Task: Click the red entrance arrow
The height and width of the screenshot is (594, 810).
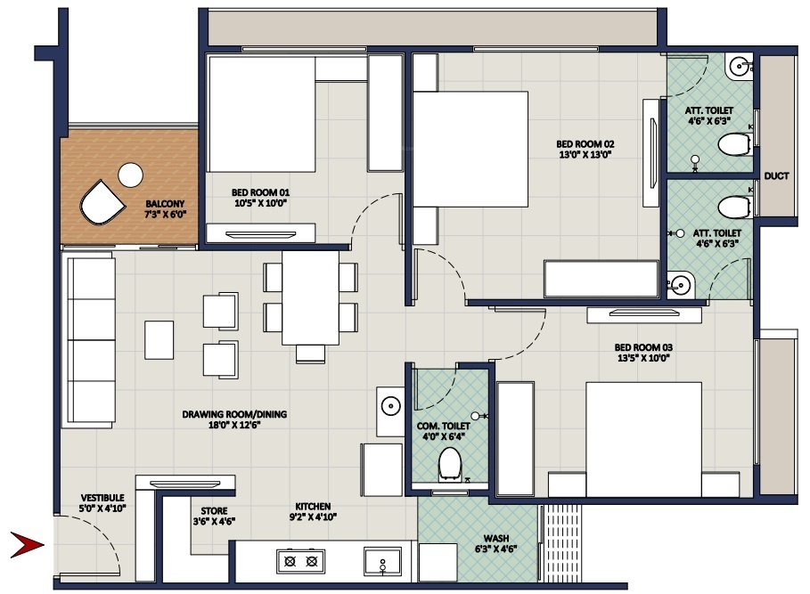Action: [27, 543]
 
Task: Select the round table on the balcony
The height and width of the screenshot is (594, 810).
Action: [131, 175]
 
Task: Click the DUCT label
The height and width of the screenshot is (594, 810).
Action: [776, 176]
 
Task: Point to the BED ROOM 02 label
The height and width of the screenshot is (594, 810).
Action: [585, 143]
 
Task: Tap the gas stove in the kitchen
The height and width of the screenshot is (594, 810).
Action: [300, 561]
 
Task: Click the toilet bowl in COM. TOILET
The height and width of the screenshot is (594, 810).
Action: [449, 461]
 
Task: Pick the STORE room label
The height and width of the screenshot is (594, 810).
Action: [213, 511]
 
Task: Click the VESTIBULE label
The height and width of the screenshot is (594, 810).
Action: [102, 497]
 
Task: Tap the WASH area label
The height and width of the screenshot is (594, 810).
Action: [496, 538]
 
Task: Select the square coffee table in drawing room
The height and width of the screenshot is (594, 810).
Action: [160, 340]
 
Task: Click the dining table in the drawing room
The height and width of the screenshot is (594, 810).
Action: [310, 297]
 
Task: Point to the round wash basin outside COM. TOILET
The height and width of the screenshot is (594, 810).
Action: [390, 407]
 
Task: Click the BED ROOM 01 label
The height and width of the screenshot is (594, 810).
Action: [260, 191]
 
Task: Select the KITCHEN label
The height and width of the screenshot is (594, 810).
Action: [314, 505]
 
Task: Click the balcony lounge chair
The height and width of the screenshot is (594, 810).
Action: [101, 204]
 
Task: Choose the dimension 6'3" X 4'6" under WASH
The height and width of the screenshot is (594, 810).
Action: [496, 549]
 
